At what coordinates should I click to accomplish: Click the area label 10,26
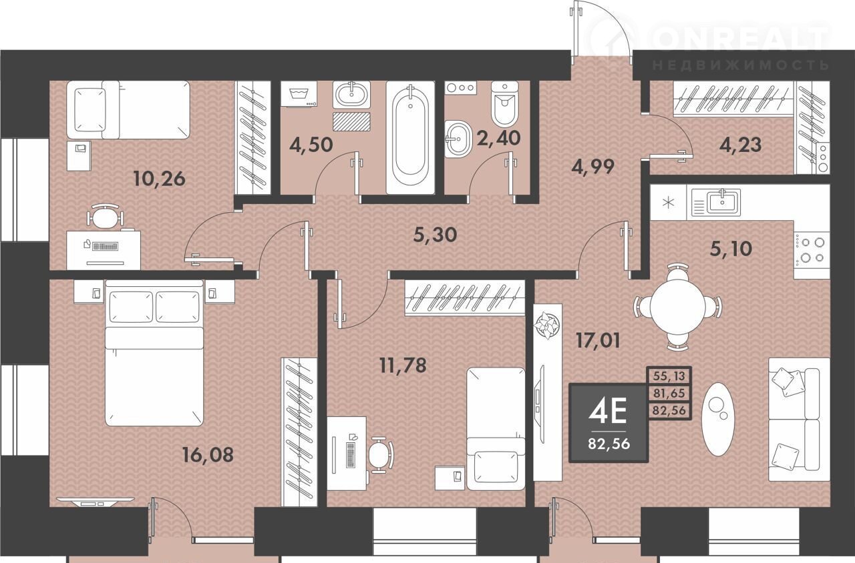pyautogui.click(x=160, y=178)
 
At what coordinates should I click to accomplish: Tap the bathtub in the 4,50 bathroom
pyautogui.click(x=410, y=137)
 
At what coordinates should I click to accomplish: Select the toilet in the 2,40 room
pyautogui.click(x=505, y=103)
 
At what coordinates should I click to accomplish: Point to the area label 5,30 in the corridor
pyautogui.click(x=435, y=235)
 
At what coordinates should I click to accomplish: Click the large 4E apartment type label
pyautogui.click(x=608, y=412)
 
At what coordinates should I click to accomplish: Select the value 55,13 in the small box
pyautogui.click(x=669, y=376)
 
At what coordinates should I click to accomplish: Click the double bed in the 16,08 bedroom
pyautogui.click(x=154, y=353)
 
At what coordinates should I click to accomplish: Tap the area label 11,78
pyautogui.click(x=403, y=365)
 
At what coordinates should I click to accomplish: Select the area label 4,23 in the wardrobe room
pyautogui.click(x=740, y=145)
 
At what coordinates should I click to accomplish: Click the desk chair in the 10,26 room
pyautogui.click(x=105, y=216)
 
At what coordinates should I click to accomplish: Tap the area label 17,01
pyautogui.click(x=598, y=340)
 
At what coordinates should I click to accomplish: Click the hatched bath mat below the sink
pyautogui.click(x=351, y=121)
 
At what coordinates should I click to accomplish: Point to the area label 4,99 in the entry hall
pyautogui.click(x=592, y=166)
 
